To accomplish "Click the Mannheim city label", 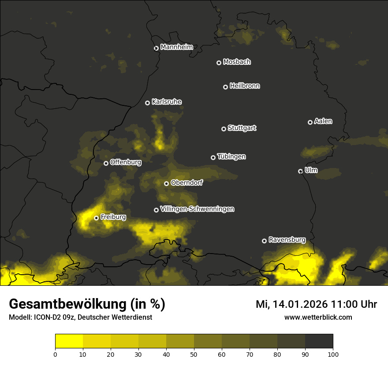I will click(x=177, y=47).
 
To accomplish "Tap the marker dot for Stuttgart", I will click(x=224, y=129).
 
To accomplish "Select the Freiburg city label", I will click(x=113, y=217).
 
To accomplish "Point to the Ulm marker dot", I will click(x=300, y=171).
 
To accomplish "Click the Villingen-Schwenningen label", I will click(x=197, y=209).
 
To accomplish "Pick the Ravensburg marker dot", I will click(x=264, y=241).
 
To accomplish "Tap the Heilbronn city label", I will click(x=245, y=86).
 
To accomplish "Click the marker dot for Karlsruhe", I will click(x=147, y=103).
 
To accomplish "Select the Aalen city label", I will click(x=323, y=121).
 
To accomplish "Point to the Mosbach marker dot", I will click(x=218, y=63).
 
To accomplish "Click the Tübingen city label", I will click(x=231, y=157).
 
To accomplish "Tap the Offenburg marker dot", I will click(x=106, y=163).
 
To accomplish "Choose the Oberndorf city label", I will click(x=187, y=183).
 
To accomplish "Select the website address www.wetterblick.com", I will click(x=318, y=317).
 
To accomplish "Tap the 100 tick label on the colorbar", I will click(x=333, y=354).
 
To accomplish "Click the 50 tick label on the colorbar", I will click(x=194, y=354).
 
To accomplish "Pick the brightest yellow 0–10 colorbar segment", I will click(x=69, y=341).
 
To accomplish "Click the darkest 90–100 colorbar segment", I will click(x=319, y=341).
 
